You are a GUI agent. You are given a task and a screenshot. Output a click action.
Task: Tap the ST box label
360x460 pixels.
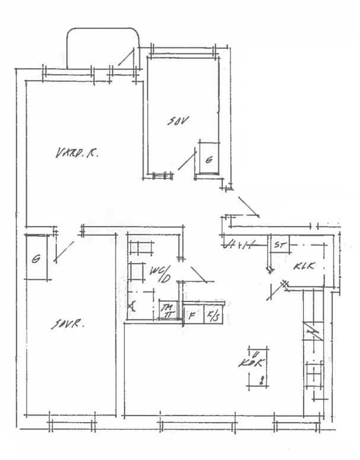tap(278, 244)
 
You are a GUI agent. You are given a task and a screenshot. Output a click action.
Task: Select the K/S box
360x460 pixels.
tap(212, 315)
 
